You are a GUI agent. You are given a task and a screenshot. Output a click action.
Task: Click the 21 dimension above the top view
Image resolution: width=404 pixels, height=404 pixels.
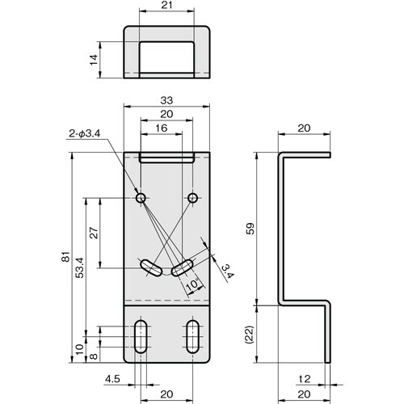(x=166, y=6)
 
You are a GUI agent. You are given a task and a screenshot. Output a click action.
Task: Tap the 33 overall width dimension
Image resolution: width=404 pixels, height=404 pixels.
(x=166, y=99)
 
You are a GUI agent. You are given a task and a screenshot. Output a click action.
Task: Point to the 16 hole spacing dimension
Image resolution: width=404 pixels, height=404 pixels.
(x=161, y=128)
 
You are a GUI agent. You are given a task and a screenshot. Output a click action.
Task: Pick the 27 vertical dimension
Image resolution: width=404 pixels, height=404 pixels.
(x=94, y=232)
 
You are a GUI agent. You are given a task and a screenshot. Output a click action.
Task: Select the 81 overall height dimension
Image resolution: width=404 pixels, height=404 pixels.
(x=65, y=258)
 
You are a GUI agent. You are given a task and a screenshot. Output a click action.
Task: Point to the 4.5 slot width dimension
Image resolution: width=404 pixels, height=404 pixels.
(x=112, y=377)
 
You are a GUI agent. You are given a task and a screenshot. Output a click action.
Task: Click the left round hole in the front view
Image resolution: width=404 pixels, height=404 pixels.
(x=141, y=198)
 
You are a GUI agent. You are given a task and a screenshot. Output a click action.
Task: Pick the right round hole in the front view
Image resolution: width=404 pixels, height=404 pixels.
(x=192, y=198)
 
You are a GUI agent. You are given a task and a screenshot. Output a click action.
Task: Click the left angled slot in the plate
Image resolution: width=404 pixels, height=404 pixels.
(x=149, y=267)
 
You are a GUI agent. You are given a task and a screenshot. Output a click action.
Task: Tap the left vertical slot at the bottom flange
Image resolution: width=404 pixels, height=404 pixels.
(x=141, y=333)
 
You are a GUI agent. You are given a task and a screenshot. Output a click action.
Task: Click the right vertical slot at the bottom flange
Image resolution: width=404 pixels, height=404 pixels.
(x=192, y=333)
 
